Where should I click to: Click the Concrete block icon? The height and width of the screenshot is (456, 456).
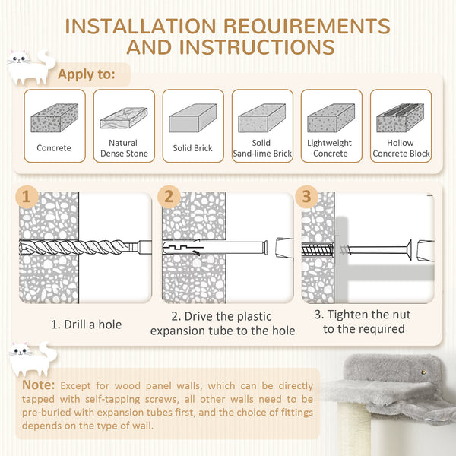click(54, 118)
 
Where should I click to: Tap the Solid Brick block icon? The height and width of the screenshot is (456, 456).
click(192, 118)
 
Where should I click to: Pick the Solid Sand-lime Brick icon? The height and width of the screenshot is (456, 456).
click(261, 118)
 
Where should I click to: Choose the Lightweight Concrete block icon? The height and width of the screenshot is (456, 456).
click(331, 118)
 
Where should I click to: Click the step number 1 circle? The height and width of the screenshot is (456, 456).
click(27, 198)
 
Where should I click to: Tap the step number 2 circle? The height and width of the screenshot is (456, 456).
click(169, 198)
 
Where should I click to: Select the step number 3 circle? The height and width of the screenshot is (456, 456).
click(306, 198)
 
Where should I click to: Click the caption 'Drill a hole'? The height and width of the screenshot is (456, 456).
click(86, 324)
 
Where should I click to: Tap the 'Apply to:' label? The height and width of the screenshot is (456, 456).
click(87, 74)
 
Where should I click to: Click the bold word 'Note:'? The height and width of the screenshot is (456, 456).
click(40, 385)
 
